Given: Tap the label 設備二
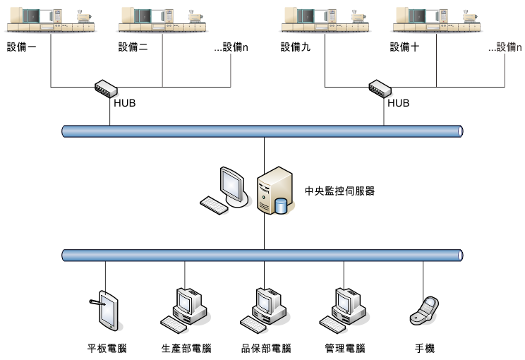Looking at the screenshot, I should (133, 47).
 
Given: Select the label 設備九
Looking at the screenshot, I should (295, 47).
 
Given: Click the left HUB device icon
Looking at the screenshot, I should (106, 88).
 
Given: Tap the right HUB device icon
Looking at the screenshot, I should (380, 88).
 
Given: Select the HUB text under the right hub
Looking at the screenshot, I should (399, 103).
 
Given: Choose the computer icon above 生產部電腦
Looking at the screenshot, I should (186, 309).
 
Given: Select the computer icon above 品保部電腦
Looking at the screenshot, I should (265, 309).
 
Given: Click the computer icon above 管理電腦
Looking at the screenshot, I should (344, 309).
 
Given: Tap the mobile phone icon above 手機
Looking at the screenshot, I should (423, 311).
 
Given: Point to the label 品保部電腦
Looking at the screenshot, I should (265, 349).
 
